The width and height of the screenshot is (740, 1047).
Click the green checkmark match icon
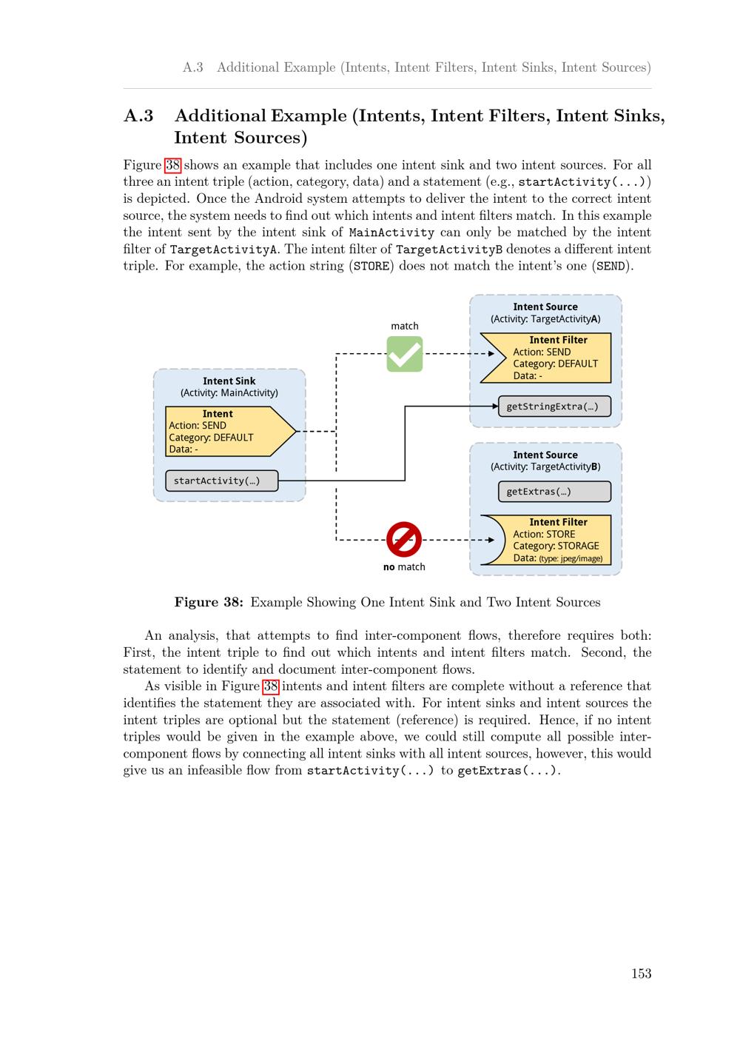pos(405,354)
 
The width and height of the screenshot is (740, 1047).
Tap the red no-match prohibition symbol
pos(404,539)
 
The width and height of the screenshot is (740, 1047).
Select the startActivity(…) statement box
pos(222,481)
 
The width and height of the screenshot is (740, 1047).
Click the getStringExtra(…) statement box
pos(554,407)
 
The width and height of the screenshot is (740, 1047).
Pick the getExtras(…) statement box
pos(554,492)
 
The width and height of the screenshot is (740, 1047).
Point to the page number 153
pos(641,974)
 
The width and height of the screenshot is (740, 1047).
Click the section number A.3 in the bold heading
pos(138,116)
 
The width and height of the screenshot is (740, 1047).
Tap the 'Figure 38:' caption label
pos(209,602)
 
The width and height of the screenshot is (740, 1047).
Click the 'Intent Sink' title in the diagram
pos(229,381)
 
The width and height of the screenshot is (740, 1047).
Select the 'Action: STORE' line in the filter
pos(544,534)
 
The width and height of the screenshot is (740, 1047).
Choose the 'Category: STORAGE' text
pos(556,546)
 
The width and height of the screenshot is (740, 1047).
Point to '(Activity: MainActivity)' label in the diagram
pos(229,392)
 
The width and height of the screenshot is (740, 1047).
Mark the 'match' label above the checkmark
pos(405,326)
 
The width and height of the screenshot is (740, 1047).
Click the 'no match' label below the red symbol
pos(404,567)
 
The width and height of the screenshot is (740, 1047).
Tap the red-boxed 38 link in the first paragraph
pos(172,165)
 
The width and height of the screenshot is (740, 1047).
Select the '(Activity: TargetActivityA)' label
pos(545,318)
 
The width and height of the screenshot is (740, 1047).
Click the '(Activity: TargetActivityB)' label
pos(545,466)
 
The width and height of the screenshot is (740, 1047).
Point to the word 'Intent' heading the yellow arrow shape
pos(218,414)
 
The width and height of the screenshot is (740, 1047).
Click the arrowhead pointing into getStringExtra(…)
pos(494,407)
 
